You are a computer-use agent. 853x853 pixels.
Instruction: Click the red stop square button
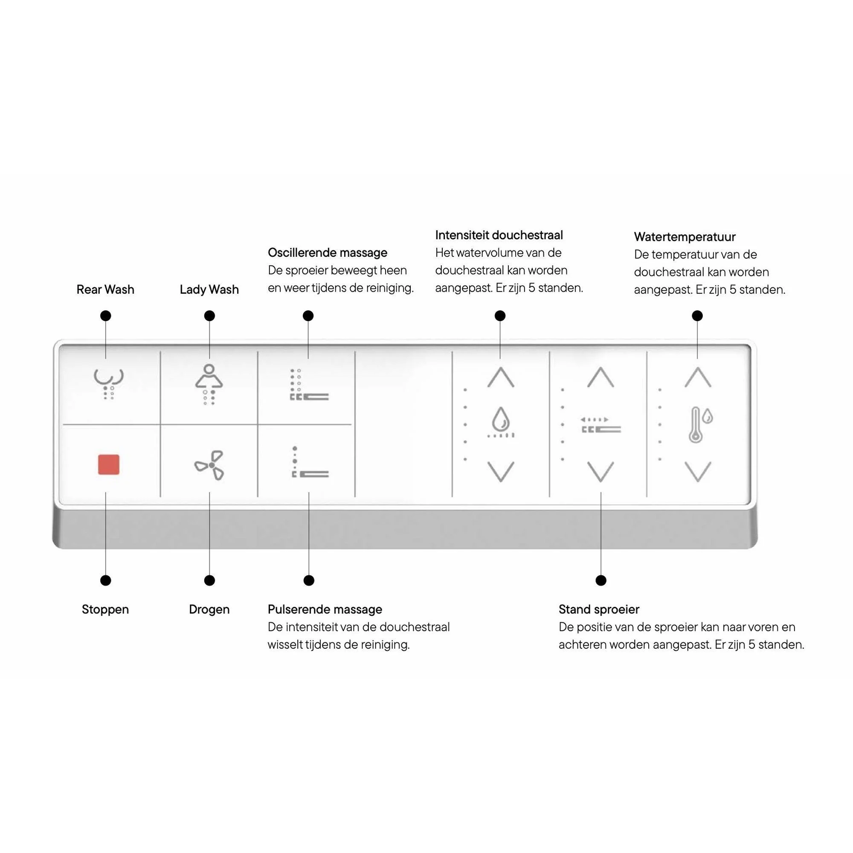(109, 464)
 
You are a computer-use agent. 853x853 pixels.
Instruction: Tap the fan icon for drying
(210, 465)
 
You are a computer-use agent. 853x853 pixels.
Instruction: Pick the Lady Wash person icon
(209, 384)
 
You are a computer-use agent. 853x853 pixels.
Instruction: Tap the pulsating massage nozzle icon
(310, 462)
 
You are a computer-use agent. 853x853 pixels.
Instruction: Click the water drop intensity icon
(501, 423)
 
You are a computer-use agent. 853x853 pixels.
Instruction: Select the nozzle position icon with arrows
(601, 425)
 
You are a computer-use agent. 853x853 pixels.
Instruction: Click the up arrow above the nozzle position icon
(601, 377)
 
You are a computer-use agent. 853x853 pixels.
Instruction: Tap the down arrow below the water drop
(501, 472)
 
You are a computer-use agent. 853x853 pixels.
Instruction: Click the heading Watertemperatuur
(685, 237)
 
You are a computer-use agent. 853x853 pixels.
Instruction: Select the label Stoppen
(105, 610)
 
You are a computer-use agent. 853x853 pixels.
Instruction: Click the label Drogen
(209, 610)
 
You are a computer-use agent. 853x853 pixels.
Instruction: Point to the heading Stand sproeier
(599, 610)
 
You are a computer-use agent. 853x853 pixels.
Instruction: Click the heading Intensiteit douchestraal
(499, 235)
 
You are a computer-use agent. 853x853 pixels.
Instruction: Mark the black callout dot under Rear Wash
(105, 316)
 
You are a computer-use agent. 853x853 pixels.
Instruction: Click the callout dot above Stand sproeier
(601, 580)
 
